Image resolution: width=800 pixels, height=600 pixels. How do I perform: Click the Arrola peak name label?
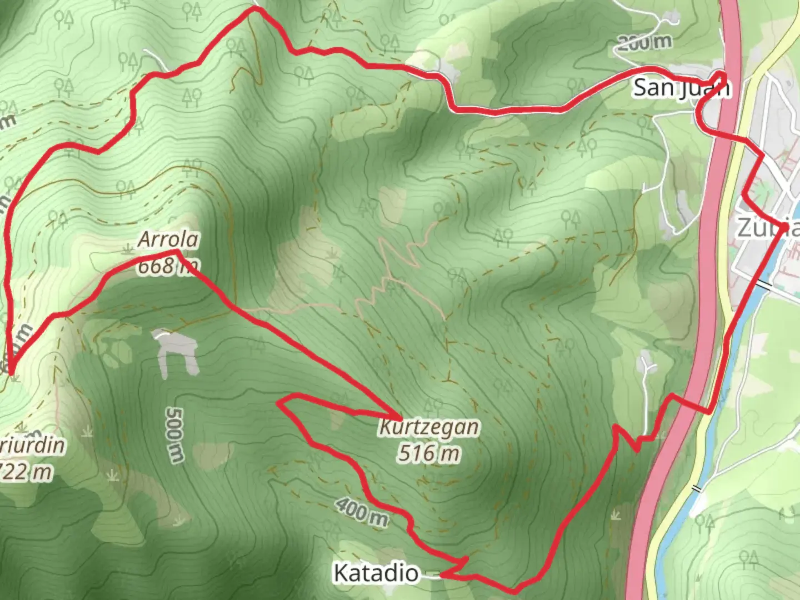[x=168, y=240]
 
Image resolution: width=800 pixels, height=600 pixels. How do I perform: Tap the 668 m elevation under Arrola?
[x=167, y=267]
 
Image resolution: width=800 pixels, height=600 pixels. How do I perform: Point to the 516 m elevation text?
[x=428, y=454]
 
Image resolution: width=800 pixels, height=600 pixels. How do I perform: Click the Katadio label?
[x=376, y=573]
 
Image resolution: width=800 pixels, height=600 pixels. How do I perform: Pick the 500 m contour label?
[x=174, y=435]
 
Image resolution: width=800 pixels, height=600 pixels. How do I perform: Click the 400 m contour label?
[x=362, y=511]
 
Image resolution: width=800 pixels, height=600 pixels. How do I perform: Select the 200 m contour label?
[x=644, y=42]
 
